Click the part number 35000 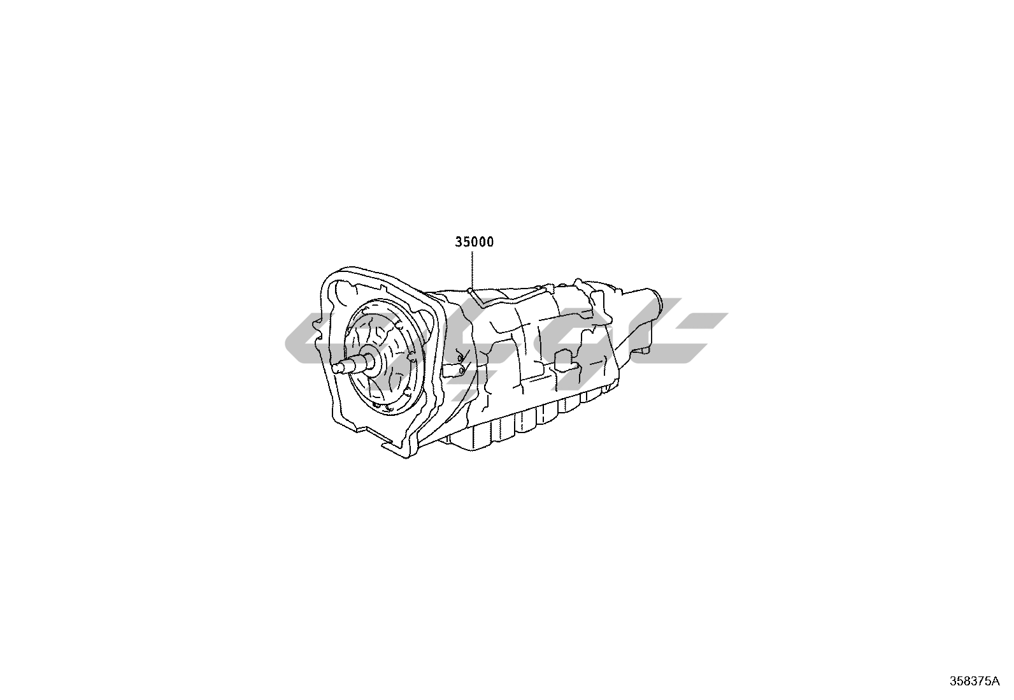(475, 242)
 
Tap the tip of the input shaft (335, 368)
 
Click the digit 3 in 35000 (459, 242)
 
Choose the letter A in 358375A (996, 682)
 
